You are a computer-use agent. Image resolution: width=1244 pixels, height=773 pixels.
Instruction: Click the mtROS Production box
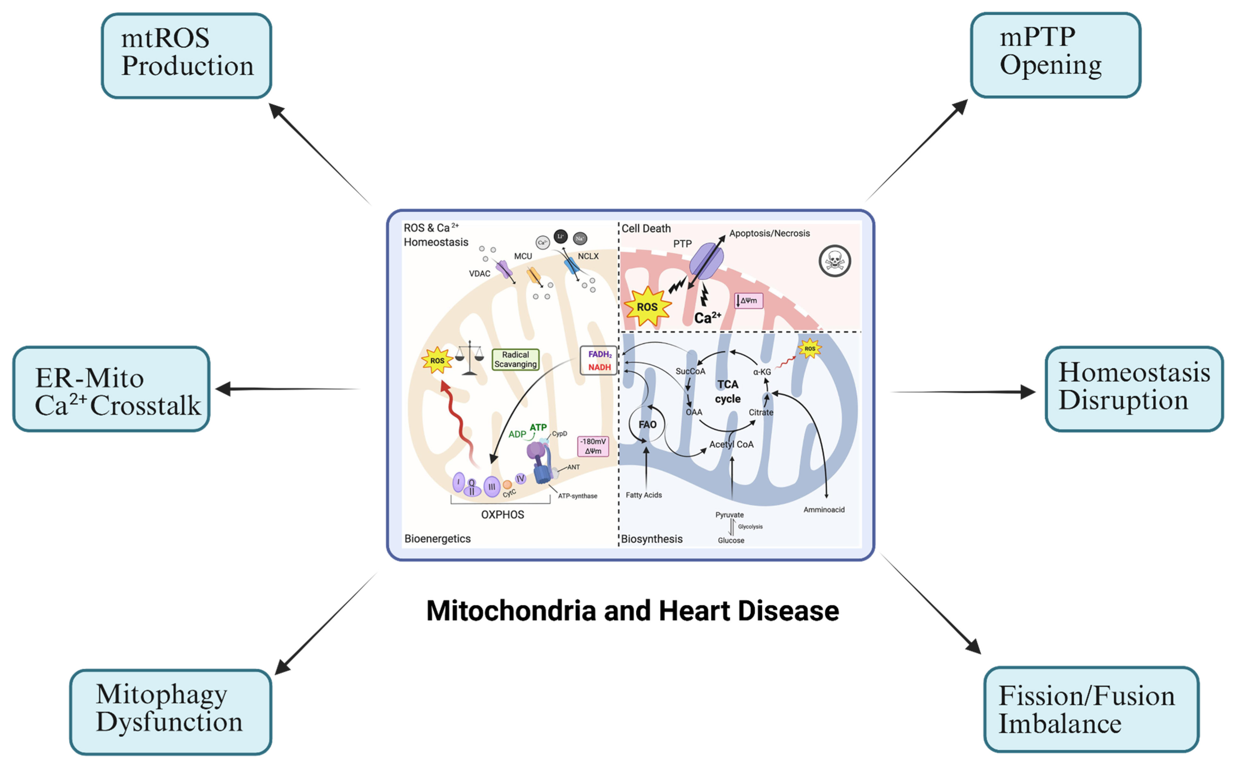186,55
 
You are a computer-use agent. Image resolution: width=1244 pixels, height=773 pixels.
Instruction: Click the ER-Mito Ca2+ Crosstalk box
112,389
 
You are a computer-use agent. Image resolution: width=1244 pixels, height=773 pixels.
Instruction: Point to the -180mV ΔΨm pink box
593,446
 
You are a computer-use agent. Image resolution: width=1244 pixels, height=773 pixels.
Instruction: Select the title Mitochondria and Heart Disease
632,611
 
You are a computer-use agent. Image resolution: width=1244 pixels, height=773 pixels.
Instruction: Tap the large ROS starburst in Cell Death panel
647,307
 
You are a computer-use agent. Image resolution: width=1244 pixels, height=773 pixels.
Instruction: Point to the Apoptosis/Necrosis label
769,234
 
